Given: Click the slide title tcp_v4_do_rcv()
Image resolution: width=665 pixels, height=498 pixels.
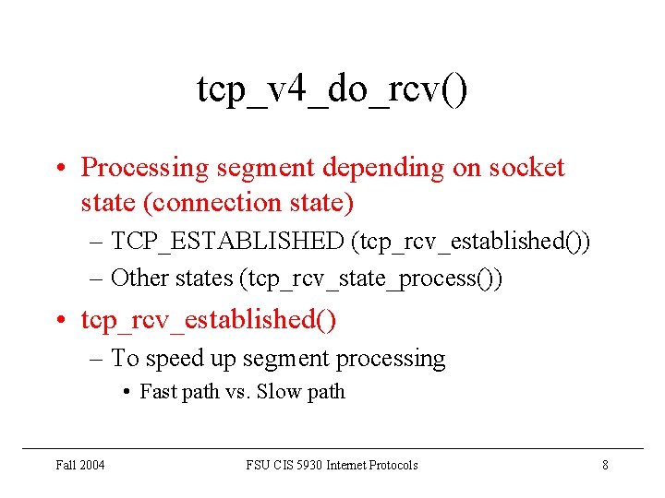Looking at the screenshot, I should [x=332, y=90].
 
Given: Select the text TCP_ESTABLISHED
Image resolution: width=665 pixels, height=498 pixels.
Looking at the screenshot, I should [x=226, y=242].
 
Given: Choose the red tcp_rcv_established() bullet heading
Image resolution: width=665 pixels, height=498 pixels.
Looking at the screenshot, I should [x=209, y=320].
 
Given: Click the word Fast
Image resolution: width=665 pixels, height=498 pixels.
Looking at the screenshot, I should [x=158, y=392].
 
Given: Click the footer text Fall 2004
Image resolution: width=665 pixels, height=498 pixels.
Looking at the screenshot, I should [x=80, y=466].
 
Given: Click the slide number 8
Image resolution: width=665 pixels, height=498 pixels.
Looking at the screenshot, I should [x=605, y=466].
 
